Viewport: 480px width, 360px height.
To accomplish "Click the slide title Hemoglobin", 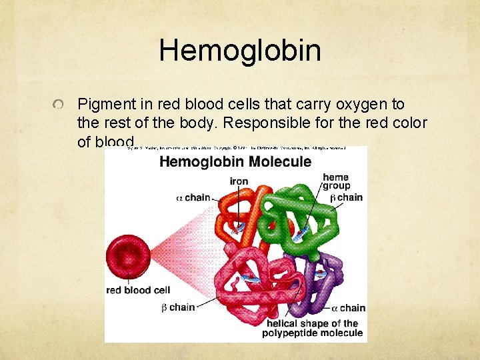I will click(240, 51).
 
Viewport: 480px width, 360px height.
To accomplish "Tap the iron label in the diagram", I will click(239, 181).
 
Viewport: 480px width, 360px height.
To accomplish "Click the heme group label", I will click(336, 181).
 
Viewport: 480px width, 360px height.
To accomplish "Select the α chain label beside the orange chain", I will click(193, 197).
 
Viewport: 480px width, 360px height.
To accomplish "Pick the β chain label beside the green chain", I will click(347, 197).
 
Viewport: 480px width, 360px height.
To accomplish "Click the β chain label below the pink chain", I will click(178, 307).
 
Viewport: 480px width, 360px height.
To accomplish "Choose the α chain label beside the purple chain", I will click(349, 307).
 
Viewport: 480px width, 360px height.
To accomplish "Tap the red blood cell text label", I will click(139, 290).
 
